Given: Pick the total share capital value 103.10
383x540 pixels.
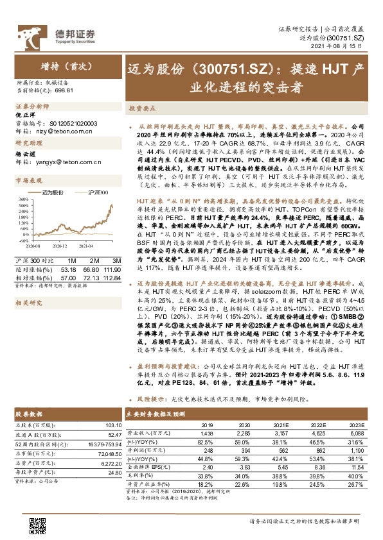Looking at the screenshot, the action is pos(112,425).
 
